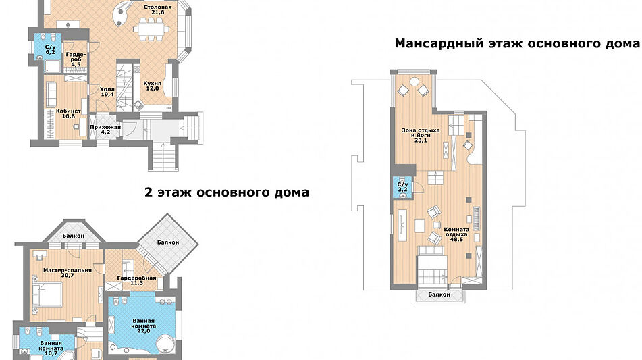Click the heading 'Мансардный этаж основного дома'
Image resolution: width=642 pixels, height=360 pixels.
[x=516, y=44]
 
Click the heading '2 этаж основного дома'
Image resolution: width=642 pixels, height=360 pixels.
[x=227, y=192]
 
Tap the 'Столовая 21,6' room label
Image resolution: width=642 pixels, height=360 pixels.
[x=157, y=10]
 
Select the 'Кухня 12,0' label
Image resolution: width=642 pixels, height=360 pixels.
[x=151, y=86]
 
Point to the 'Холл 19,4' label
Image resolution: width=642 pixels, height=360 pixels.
[x=107, y=92]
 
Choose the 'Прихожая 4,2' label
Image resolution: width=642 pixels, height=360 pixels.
[x=105, y=130]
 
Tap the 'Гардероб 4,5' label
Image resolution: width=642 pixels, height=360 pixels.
[x=76, y=59]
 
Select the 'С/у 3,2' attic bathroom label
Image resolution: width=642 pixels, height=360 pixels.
[x=402, y=187]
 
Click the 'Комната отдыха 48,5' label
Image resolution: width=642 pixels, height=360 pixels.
[x=456, y=234]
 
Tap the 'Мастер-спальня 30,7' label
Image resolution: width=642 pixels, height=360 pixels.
[x=68, y=273]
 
